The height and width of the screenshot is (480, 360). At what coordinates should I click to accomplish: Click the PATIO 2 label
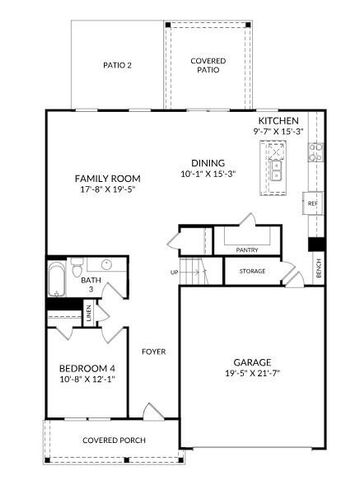(x=117, y=66)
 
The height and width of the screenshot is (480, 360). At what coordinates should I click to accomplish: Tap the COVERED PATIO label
(x=208, y=65)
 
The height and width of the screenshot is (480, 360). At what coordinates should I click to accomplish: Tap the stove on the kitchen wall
(x=315, y=153)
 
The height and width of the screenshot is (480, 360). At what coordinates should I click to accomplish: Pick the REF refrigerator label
(x=312, y=203)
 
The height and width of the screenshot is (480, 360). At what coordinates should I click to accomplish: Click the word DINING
(x=208, y=163)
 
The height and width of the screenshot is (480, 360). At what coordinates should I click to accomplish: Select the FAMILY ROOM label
(x=105, y=179)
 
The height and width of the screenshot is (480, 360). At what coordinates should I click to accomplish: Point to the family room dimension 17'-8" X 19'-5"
(x=105, y=192)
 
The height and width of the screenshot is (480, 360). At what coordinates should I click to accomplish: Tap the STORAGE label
(x=252, y=270)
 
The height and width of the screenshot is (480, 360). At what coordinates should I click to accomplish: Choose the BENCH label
(x=318, y=268)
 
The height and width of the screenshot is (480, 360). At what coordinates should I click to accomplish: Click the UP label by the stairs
(x=174, y=272)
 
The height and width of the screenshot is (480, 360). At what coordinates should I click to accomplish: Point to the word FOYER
(x=153, y=351)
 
